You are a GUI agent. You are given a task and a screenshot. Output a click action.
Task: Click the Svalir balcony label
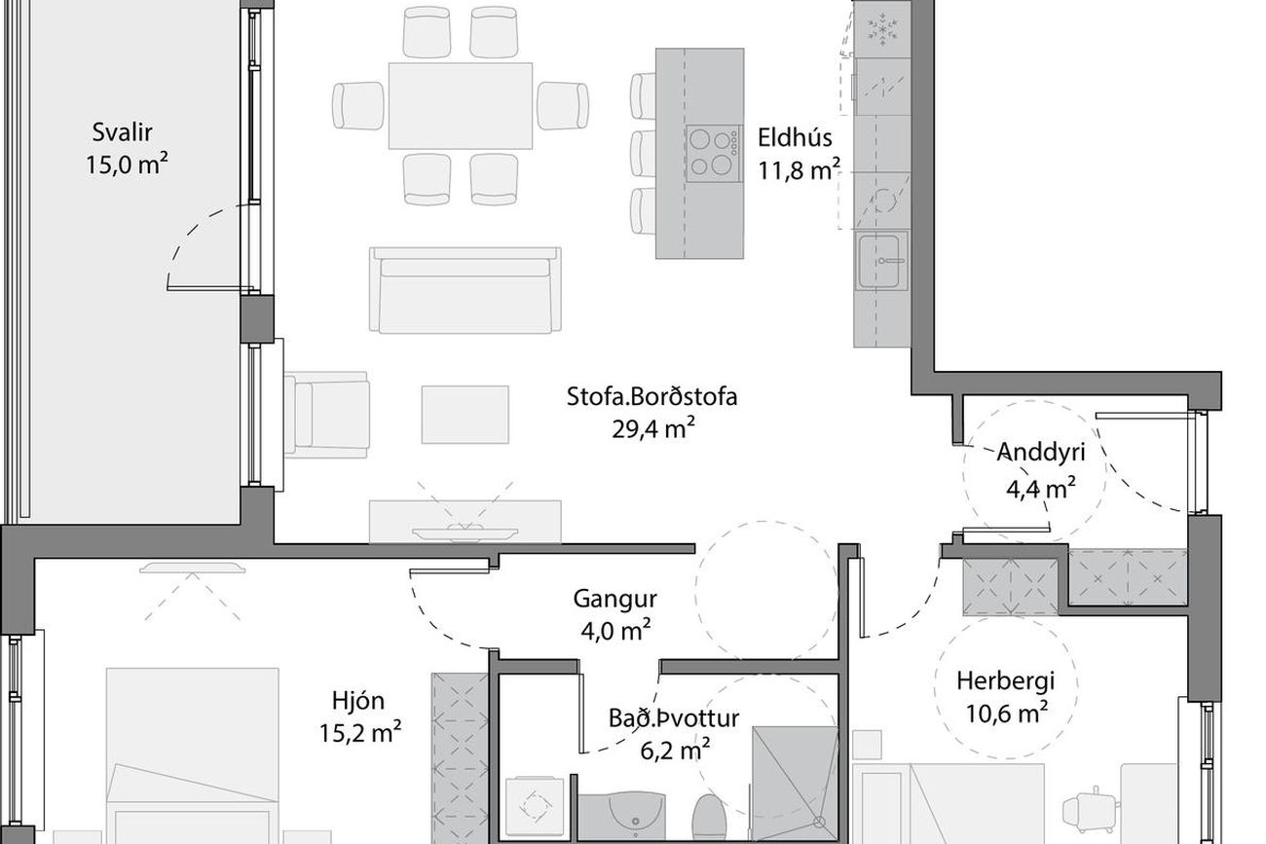(x=122, y=132)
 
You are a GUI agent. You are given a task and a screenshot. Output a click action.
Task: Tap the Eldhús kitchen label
(x=795, y=137)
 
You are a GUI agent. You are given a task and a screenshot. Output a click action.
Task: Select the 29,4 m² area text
(x=652, y=429)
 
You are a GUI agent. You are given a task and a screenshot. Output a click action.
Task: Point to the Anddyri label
(x=1040, y=453)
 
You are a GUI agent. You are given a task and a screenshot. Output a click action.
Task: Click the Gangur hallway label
(x=614, y=600)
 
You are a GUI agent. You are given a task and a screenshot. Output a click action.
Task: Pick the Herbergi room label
(x=1005, y=681)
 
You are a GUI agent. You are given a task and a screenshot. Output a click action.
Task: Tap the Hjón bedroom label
(x=358, y=702)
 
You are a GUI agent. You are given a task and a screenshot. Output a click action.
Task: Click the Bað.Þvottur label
(x=674, y=718)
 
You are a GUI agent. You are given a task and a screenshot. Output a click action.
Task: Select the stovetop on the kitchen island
(x=714, y=154)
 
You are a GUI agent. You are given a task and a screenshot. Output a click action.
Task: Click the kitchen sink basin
(x=880, y=261)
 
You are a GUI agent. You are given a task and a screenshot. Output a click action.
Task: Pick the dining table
(x=460, y=106)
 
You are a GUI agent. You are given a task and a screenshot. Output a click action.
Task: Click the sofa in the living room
(x=465, y=290)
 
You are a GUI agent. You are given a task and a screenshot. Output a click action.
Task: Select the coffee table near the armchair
(x=465, y=415)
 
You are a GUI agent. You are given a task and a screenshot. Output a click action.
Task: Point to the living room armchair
(x=326, y=415)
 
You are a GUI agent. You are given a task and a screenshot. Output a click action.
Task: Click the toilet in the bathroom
(x=709, y=819)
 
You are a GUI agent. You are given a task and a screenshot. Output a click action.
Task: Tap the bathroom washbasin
(x=634, y=818)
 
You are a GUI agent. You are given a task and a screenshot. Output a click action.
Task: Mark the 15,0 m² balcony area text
(x=127, y=165)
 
